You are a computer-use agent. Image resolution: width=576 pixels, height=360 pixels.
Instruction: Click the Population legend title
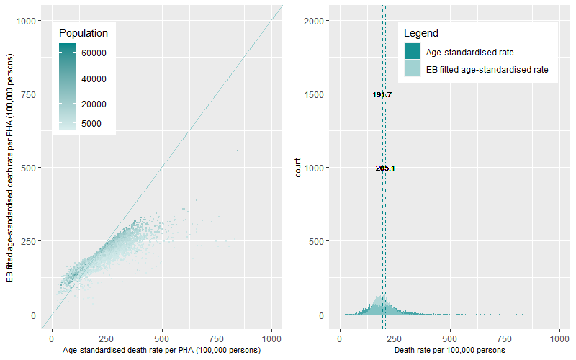point(84,33)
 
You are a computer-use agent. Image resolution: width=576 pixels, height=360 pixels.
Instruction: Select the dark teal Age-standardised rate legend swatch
point(413,52)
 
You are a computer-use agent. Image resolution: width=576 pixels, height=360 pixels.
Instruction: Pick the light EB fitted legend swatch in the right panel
point(413,70)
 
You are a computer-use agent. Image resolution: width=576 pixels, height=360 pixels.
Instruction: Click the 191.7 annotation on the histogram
point(382,94)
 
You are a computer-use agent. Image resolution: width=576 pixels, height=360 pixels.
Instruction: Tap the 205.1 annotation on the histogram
point(385,168)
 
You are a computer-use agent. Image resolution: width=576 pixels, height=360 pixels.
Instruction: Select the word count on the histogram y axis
point(298,168)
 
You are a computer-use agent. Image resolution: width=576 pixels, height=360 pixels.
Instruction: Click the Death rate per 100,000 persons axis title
point(450,350)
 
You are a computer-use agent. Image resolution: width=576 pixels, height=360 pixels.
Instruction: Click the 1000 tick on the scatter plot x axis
point(271,337)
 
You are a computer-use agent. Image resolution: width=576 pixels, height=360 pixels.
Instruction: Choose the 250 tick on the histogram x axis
point(395,337)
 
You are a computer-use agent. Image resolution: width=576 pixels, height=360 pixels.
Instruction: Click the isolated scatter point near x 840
point(237,150)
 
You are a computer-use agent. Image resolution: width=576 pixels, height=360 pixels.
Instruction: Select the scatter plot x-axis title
point(161,350)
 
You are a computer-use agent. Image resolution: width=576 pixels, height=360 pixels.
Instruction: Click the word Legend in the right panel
point(421,33)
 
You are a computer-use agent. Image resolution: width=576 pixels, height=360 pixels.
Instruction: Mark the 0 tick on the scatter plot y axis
point(35,315)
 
